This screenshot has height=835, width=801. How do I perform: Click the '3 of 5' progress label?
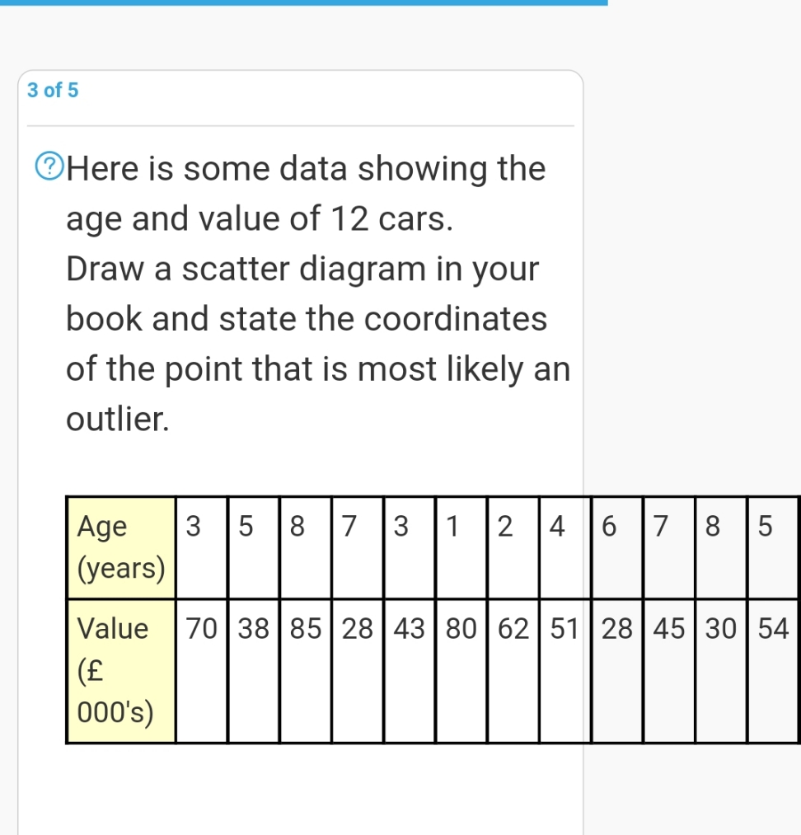pos(53,91)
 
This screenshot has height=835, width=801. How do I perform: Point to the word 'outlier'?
pos(116,420)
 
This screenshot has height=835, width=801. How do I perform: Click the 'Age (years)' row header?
pos(121,547)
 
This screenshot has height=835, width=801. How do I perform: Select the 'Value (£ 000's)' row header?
pos(121,670)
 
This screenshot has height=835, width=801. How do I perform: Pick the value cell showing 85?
pos(305,630)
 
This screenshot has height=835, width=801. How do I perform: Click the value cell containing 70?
pos(201,630)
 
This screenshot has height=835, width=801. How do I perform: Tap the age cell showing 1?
pos(461,527)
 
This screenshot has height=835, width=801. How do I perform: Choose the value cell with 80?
pos(461,630)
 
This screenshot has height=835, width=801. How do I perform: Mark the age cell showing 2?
pos(513,527)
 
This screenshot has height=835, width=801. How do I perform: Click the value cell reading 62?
pos(513,630)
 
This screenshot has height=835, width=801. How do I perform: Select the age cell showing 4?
pos(564,527)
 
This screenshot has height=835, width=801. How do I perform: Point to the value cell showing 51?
pos(564,630)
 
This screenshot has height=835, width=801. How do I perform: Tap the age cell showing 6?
pos(616,527)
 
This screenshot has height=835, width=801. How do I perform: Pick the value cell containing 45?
pos(668,630)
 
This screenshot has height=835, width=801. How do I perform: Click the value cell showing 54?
pos(773,630)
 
